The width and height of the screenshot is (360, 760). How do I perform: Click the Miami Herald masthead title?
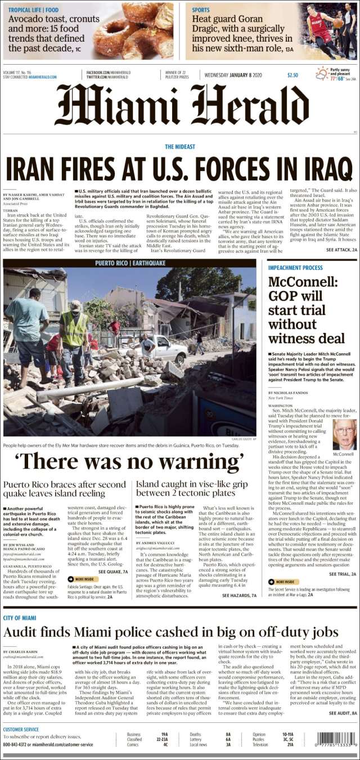click(x=180, y=106)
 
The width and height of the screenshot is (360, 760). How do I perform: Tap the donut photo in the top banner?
click(x=137, y=29)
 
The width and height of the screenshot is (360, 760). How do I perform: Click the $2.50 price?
click(x=292, y=75)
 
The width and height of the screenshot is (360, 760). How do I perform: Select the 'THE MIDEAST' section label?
click(x=180, y=147)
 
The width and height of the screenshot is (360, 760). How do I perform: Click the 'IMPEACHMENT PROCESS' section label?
click(x=296, y=268)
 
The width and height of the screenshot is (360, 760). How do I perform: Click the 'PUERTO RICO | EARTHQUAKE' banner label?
click(x=129, y=263)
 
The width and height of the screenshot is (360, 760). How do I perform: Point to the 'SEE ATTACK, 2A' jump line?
click(x=341, y=249)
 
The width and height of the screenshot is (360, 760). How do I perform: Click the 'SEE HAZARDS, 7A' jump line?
click(x=239, y=595)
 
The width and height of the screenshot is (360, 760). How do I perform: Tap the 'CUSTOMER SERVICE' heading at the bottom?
click(x=21, y=730)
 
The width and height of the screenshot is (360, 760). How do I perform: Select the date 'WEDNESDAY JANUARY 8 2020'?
click(x=233, y=75)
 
